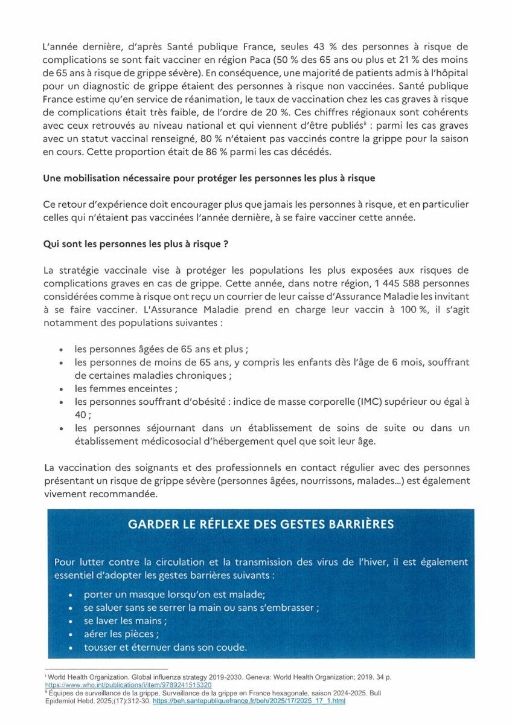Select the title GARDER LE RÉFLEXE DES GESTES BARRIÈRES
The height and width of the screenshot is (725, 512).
tap(261, 524)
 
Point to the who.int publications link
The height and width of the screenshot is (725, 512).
tap(129, 685)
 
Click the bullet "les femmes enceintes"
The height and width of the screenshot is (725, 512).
tap(126, 388)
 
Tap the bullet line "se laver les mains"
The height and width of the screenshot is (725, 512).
tap(125, 620)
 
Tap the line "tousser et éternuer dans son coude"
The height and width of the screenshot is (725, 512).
tap(165, 647)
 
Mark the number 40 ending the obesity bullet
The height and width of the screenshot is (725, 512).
tap(82, 415)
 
